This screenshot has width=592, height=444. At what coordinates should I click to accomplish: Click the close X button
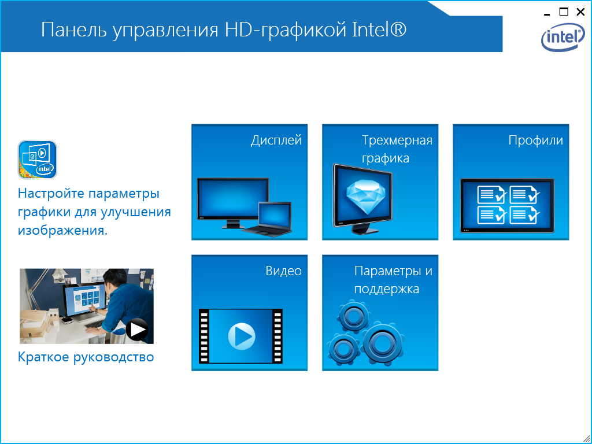580,12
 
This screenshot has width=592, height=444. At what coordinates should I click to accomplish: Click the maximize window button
564,12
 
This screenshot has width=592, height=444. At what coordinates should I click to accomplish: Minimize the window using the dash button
547,14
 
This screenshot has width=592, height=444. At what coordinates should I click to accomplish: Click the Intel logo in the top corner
563,37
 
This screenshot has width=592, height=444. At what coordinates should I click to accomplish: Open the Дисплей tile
250,182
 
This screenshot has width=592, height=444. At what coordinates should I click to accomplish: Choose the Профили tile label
535,140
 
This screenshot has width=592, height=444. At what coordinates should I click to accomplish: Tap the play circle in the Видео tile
242,336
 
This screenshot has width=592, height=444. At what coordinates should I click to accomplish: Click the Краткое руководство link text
86,357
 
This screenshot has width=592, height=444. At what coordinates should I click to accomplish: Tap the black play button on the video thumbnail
137,330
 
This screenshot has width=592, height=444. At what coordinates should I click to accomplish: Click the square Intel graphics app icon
38,160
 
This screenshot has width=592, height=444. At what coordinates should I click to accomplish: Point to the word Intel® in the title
379,30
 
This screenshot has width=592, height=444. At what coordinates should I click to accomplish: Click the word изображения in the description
62,230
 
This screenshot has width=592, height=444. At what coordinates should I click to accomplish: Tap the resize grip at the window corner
587,439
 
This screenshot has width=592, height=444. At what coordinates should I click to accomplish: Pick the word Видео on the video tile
283,271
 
